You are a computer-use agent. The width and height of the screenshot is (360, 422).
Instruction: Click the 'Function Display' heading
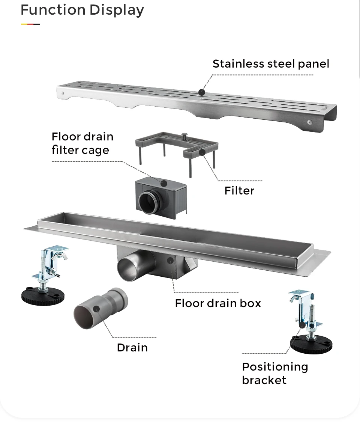pyautogui.click(x=82, y=10)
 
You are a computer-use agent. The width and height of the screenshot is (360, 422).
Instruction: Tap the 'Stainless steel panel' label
pyautogui.click(x=271, y=64)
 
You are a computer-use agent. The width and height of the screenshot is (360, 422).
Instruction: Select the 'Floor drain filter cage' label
pyautogui.click(x=82, y=143)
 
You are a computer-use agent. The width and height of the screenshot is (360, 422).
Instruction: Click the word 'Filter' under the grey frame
pyautogui.click(x=239, y=191)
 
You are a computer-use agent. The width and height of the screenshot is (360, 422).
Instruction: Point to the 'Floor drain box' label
pyautogui.click(x=218, y=303)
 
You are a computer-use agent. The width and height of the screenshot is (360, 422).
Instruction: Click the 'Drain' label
pyautogui.click(x=132, y=348)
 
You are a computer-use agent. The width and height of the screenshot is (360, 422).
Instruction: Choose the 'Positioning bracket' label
pyautogui.click(x=274, y=373)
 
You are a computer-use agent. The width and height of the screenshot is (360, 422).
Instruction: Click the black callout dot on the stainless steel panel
pyautogui.click(x=202, y=92)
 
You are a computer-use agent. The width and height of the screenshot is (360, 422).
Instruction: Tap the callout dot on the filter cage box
pyautogui.click(x=163, y=183)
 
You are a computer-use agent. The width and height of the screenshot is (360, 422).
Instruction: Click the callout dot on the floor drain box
pyautogui.click(x=170, y=260)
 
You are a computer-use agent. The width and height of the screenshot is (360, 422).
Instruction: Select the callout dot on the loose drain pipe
pyautogui.click(x=96, y=309)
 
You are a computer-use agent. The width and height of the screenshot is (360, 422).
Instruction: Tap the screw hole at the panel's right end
pyautogui.click(x=309, y=122)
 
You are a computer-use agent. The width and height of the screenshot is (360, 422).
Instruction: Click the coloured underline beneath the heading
pyautogui.click(x=30, y=24)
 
